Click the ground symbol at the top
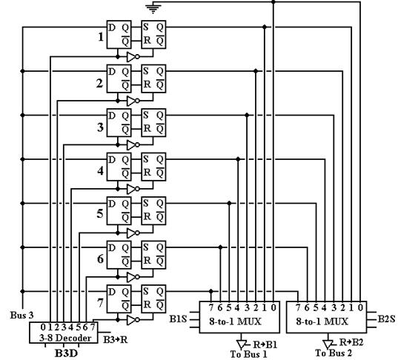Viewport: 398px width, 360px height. point(153,9)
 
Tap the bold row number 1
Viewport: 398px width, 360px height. point(101,37)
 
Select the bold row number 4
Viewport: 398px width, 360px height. point(101,171)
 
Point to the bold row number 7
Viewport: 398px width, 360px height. point(101,303)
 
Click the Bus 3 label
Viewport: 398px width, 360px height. point(21,315)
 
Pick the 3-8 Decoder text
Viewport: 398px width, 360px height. point(65,338)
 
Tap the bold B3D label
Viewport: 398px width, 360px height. point(66,353)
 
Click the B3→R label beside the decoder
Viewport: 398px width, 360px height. point(115,339)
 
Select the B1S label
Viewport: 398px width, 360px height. point(178,319)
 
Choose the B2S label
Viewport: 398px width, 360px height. point(387,319)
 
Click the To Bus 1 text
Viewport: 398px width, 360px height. point(249,354)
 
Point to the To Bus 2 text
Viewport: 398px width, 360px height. point(334,353)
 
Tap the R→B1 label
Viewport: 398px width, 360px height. point(265,344)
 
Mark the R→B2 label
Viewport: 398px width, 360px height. point(351,342)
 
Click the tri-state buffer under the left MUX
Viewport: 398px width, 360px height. point(241,344)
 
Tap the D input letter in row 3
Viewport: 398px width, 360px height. point(112,116)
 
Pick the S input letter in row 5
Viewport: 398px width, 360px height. point(146,203)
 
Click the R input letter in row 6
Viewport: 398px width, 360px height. point(147,261)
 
